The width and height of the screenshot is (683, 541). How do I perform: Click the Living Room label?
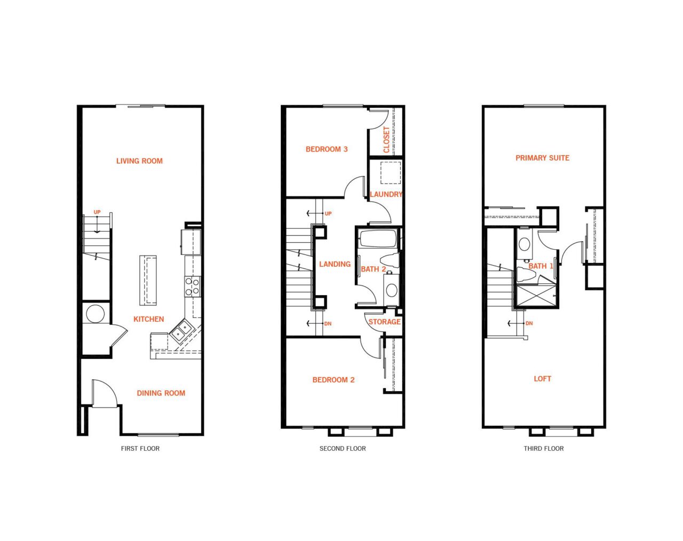pyautogui.click(x=139, y=161)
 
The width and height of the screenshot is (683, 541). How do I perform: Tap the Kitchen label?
pyautogui.click(x=148, y=319)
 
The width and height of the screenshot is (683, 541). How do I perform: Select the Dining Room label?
pyautogui.click(x=161, y=393)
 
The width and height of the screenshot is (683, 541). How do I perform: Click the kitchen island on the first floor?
pyautogui.click(x=148, y=280)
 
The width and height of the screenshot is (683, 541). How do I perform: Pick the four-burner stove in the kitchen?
pyautogui.click(x=192, y=286)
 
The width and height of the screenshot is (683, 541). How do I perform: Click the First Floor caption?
pyautogui.click(x=140, y=449)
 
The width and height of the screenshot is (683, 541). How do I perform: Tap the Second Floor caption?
pyautogui.click(x=343, y=449)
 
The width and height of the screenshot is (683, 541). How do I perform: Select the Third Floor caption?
pyautogui.click(x=543, y=449)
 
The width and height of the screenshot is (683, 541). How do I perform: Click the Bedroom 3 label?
pyautogui.click(x=327, y=149)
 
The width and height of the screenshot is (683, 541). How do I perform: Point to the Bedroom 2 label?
pyautogui.click(x=333, y=380)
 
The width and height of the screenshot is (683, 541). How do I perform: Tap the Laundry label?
pyautogui.click(x=386, y=194)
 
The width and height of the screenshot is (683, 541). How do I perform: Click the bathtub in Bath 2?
pyautogui.click(x=378, y=238)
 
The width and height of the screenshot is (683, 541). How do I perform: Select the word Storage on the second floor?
pyautogui.click(x=384, y=322)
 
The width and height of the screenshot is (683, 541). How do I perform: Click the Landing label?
pyautogui.click(x=335, y=264)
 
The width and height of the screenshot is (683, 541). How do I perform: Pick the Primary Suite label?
pyautogui.click(x=542, y=158)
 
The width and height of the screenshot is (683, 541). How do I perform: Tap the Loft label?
pyautogui.click(x=542, y=379)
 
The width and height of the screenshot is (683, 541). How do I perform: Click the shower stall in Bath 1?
pyautogui.click(x=536, y=297)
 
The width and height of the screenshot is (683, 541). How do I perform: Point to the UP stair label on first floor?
pyautogui.click(x=97, y=212)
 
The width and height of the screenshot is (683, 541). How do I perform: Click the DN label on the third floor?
pyautogui.click(x=529, y=323)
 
